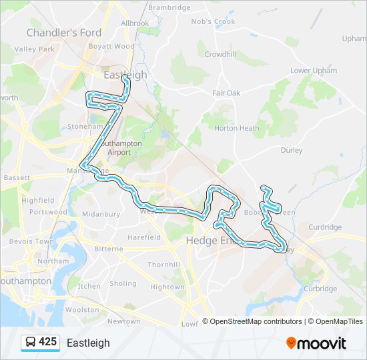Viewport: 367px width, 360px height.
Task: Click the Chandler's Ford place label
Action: [64, 33]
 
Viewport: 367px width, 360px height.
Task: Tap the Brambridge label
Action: [169, 7]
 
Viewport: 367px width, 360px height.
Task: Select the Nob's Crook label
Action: [214, 21]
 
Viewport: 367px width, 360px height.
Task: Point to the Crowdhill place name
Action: [220, 54]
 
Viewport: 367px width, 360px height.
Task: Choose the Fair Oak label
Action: [226, 93]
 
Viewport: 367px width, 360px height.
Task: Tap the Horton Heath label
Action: [237, 128]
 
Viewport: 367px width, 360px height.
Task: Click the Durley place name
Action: [292, 151]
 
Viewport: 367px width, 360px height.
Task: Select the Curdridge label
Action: [325, 227]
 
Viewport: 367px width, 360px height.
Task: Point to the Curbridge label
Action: [320, 289]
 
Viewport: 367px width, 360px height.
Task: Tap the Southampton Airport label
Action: [119, 147]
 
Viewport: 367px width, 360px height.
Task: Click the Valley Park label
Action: [35, 49]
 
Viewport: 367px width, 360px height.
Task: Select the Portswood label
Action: [49, 212]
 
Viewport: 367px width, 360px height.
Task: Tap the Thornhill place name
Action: [163, 265]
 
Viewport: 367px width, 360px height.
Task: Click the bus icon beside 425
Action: [30, 343]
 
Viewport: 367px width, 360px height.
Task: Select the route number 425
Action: [48, 342]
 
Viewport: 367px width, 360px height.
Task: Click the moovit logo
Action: [316, 343]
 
